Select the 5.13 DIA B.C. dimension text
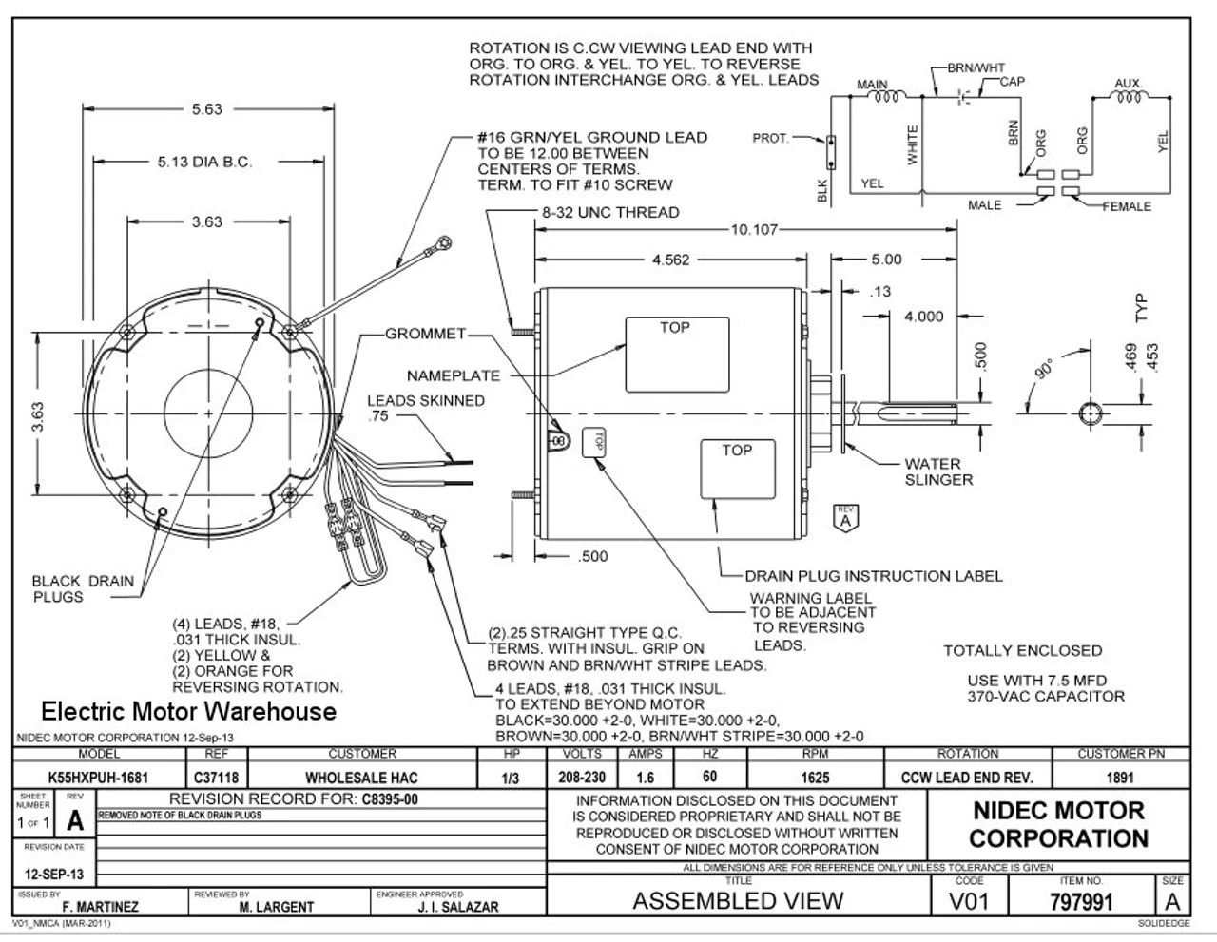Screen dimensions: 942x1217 [204, 163]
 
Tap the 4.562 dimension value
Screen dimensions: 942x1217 [671, 260]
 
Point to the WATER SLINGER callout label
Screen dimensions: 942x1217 [938, 471]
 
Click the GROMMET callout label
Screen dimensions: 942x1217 [425, 334]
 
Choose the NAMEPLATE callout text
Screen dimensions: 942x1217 [454, 375]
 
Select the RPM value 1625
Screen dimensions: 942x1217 [815, 777]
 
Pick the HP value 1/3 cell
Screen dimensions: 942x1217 [511, 777]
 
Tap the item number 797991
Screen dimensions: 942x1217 [1081, 901]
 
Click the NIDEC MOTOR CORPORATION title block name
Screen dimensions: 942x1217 [1059, 824]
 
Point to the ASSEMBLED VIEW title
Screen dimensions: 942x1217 [738, 900]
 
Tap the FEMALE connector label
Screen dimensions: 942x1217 [1128, 206]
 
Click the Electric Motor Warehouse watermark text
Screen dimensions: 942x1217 [188, 711]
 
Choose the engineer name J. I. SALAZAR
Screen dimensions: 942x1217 [457, 907]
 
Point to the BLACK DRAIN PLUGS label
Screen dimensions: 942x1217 [83, 588]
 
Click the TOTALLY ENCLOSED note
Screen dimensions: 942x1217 [1022, 651]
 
